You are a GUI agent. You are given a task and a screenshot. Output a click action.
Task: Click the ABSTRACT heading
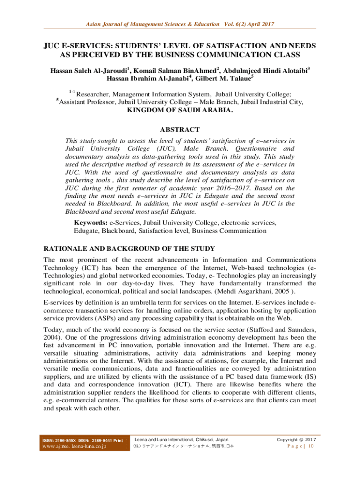180,130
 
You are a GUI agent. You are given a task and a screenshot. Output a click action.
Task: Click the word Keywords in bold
90,223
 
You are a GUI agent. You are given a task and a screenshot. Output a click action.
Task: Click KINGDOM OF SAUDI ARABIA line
180,110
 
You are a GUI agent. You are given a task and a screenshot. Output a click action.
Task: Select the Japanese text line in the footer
184,446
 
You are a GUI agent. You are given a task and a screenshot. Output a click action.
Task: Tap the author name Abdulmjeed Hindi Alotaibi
267,72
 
